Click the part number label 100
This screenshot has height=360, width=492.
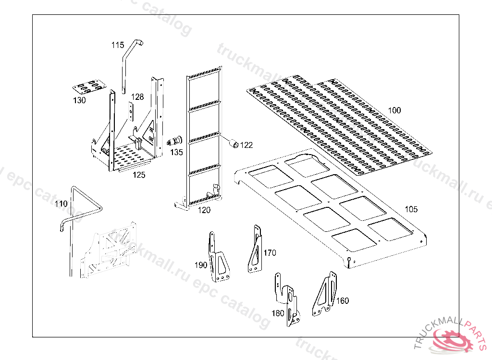point(394,110)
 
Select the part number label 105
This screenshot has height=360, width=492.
point(411,209)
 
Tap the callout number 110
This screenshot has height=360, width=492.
point(61,204)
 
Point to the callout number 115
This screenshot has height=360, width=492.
point(118,45)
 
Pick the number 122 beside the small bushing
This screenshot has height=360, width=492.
point(246,145)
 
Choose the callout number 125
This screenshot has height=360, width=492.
point(139,175)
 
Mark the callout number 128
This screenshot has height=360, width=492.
point(137,97)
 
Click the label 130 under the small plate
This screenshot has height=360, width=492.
point(79,100)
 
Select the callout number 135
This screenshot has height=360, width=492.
point(176,152)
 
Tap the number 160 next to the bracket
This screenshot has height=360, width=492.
point(343,301)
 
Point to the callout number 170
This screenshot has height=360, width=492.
point(270,252)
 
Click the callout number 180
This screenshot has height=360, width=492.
point(278,313)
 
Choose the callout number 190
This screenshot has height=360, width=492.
point(201,265)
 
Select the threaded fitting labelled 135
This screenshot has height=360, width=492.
point(174,142)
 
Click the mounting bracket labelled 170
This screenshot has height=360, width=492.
point(256,250)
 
